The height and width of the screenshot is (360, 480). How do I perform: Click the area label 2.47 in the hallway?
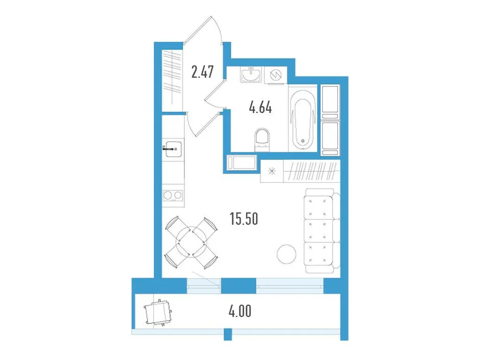pos(202,73)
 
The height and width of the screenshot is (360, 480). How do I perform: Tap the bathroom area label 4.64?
pos(260,108)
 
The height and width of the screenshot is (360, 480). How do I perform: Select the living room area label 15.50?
pos(245,219)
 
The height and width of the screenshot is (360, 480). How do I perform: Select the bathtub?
pos(303,119)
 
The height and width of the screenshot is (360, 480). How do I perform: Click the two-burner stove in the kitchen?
pos(172,195)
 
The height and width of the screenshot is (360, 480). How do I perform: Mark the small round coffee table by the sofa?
pos(286,254)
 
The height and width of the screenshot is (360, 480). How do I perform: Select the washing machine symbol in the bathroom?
pos(276,75)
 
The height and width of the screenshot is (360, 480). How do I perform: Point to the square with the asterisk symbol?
pos(272,171)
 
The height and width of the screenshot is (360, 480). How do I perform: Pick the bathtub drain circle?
pos(303,141)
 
